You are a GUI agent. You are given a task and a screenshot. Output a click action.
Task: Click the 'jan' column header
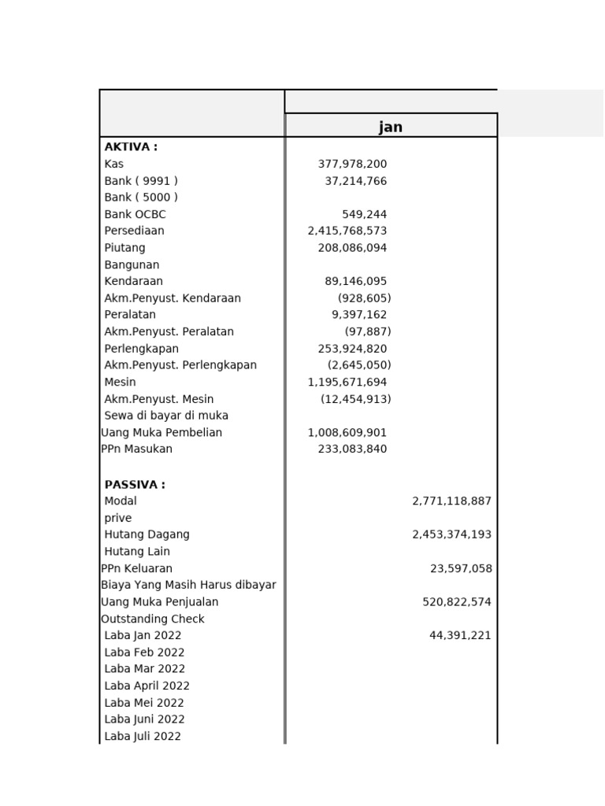click(x=391, y=128)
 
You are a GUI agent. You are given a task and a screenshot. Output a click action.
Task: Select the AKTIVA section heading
click(x=131, y=147)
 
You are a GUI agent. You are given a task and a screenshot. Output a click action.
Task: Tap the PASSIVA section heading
click(x=135, y=485)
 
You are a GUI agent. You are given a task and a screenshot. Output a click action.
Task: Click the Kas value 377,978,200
click(x=352, y=164)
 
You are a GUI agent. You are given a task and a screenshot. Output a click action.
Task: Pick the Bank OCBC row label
click(x=135, y=214)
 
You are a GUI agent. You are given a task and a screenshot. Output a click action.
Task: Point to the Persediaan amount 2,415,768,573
click(x=347, y=231)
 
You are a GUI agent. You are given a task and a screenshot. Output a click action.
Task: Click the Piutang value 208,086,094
click(x=352, y=248)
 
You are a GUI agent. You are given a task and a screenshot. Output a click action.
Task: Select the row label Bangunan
click(x=132, y=265)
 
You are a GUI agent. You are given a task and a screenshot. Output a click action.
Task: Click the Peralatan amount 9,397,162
click(x=359, y=315)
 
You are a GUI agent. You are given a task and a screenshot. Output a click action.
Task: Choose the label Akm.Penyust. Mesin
click(x=159, y=399)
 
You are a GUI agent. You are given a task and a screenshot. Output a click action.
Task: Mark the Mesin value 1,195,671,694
click(x=347, y=383)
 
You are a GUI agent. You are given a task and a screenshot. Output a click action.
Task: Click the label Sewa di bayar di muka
click(x=166, y=416)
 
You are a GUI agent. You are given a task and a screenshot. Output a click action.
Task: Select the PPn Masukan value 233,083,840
click(x=352, y=449)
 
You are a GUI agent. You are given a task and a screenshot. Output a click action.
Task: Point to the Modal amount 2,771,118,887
click(x=451, y=501)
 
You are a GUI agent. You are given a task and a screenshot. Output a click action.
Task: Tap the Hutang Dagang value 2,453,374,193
click(x=451, y=534)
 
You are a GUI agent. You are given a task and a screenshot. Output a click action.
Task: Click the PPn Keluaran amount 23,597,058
click(x=461, y=568)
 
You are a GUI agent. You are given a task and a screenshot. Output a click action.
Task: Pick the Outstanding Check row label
click(x=153, y=619)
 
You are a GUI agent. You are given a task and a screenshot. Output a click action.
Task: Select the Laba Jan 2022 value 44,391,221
click(x=460, y=635)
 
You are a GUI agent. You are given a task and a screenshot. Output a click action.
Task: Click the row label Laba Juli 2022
click(x=143, y=737)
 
